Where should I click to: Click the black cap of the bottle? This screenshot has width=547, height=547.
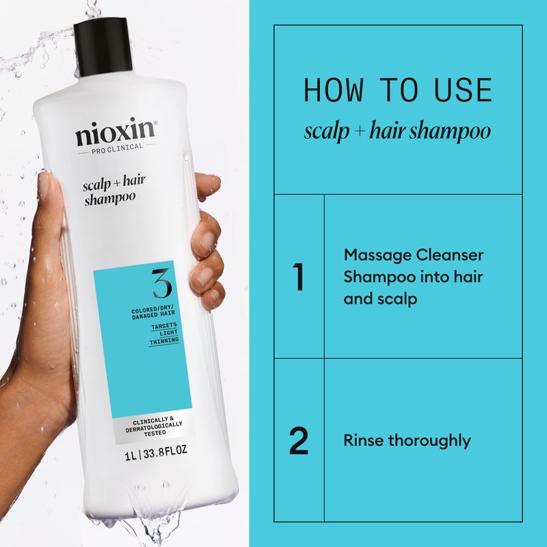click(103, 44)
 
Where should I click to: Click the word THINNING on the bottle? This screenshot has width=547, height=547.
click(165, 340)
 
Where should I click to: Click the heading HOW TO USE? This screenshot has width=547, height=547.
click(397, 90)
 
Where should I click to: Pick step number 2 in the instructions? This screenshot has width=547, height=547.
click(298, 441)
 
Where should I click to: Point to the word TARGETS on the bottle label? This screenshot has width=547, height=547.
click(165, 326)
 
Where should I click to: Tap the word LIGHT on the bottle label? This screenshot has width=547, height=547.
click(165, 333)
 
